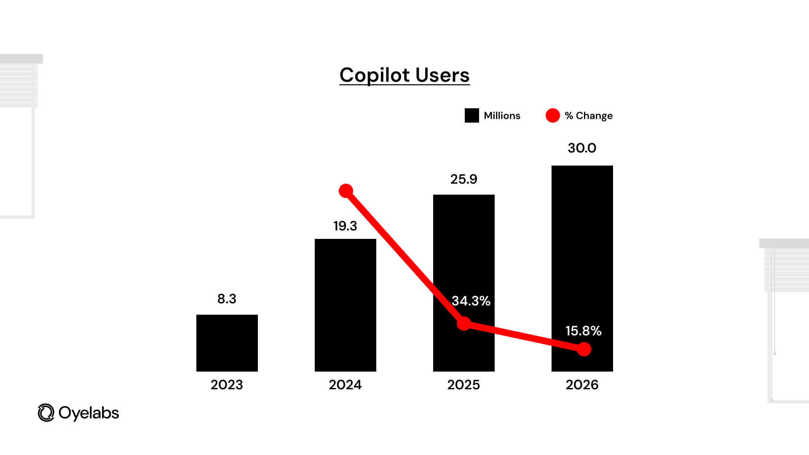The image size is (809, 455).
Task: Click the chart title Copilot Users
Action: (x=404, y=75)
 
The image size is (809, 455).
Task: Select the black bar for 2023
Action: (x=227, y=343)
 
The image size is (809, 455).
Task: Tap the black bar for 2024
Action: (x=345, y=305)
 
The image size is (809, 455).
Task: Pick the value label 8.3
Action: (x=227, y=299)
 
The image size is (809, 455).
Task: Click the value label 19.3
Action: (x=345, y=226)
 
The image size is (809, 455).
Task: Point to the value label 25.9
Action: (x=463, y=179)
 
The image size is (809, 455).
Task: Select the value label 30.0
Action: (x=582, y=148)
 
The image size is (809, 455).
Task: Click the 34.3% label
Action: (x=471, y=301)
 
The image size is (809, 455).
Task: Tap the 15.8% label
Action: (x=583, y=331)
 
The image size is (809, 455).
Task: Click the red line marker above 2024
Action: (x=346, y=191)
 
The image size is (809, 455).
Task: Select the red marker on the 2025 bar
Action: (x=464, y=324)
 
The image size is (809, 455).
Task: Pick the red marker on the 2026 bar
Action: (x=584, y=349)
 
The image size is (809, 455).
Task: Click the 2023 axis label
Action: (x=227, y=385)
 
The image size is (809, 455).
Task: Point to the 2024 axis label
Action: (x=345, y=385)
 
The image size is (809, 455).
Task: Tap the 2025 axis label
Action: (x=463, y=385)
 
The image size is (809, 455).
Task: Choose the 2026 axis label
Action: (x=582, y=385)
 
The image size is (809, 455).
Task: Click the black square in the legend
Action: (x=471, y=115)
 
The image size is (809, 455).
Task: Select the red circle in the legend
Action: (x=552, y=115)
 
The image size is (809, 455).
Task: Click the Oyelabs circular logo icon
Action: (x=46, y=413)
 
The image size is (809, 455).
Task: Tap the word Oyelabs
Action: (x=89, y=413)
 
